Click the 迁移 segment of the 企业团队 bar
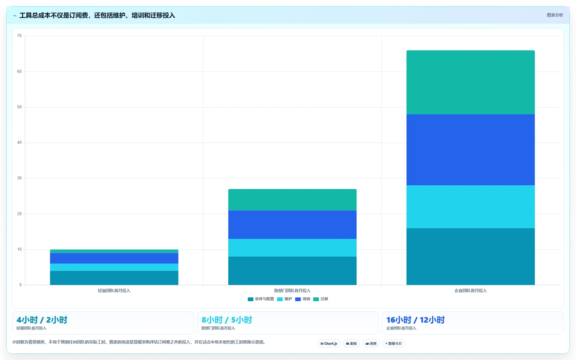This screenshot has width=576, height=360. [x=470, y=82]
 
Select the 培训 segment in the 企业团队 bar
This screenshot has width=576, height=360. [x=470, y=150]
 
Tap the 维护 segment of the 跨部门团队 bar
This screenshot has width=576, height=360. [x=292, y=248]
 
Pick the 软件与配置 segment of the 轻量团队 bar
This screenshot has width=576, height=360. [x=114, y=278]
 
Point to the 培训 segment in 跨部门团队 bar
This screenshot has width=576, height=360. [x=292, y=225]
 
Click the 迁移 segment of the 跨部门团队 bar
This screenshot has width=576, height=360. [x=292, y=200]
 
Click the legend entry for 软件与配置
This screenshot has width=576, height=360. [x=261, y=299]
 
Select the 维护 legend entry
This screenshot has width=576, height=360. [x=284, y=299]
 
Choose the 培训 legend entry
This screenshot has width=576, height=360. [x=302, y=299]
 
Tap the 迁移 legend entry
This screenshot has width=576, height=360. [x=321, y=299]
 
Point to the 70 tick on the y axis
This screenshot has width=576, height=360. [x=19, y=36]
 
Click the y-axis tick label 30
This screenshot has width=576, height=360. [x=19, y=178]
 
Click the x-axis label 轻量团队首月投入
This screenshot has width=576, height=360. [x=114, y=291]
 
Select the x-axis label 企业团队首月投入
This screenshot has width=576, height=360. [x=470, y=291]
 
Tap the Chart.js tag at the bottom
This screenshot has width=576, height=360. [x=329, y=343]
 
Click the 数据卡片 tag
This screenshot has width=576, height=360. [x=393, y=343]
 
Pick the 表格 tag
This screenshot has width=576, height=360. [x=351, y=343]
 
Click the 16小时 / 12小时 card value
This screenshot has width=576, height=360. [x=415, y=320]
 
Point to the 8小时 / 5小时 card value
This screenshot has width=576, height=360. [x=227, y=320]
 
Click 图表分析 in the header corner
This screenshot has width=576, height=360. [x=555, y=15]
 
